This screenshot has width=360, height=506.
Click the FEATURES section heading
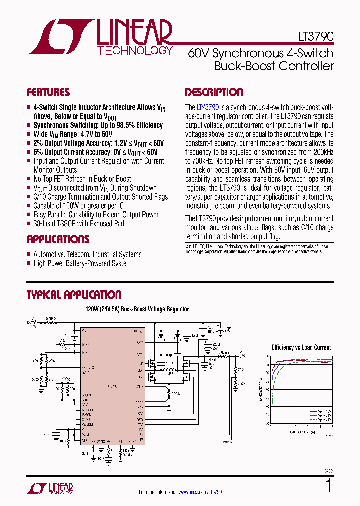click(x=48, y=92)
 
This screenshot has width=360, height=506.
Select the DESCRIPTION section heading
click(x=214, y=92)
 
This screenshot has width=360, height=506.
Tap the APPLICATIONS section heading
click(x=58, y=239)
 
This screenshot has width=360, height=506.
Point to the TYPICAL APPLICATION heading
click(x=74, y=295)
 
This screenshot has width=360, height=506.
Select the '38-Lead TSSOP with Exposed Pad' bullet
click(x=78, y=224)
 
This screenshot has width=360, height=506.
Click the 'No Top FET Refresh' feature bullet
click(x=82, y=179)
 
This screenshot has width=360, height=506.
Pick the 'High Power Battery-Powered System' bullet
click(x=82, y=263)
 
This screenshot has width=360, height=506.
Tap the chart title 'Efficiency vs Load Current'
click(x=301, y=347)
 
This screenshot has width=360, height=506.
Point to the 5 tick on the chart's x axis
click(x=332, y=427)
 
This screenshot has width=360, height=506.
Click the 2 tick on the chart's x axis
click(x=295, y=427)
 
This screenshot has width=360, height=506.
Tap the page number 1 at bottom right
click(x=328, y=485)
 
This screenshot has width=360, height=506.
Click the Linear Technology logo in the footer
click(x=50, y=488)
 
